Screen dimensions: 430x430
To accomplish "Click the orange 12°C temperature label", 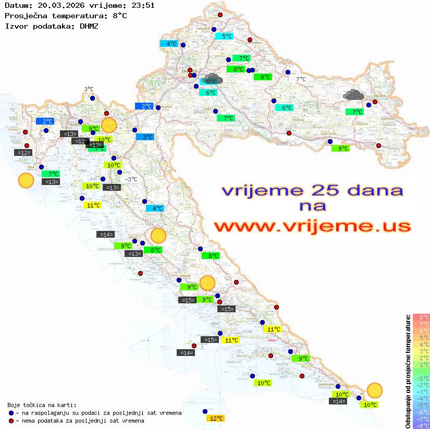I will [216, 419].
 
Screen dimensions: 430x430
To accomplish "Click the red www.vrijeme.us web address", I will [312, 226].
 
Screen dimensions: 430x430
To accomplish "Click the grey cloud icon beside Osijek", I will [354, 95].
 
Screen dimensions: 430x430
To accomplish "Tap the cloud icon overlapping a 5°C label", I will [214, 79].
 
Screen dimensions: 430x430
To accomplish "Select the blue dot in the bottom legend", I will [11, 413].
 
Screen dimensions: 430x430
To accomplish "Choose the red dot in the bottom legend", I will [11, 421].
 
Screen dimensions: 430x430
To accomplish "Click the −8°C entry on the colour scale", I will [421, 426].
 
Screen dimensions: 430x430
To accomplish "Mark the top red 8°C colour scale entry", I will [421, 317].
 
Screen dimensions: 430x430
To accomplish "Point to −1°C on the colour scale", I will [421, 378].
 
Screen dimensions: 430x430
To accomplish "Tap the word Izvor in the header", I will [15, 26].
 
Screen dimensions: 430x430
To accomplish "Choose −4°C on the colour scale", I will [421, 399].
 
